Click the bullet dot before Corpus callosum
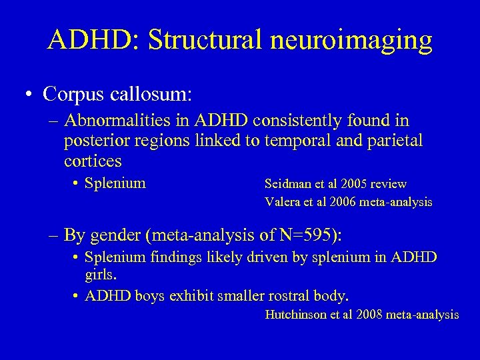[23, 94]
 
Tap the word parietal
[393, 142]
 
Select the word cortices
[93, 161]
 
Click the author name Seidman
[286, 183]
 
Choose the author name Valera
[281, 201]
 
